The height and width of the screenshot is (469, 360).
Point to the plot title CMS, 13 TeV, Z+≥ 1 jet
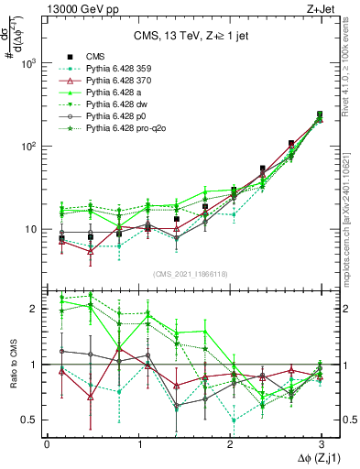(183, 37)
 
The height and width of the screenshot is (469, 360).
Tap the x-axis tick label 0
(47, 443)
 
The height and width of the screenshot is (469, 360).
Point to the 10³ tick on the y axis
(29, 63)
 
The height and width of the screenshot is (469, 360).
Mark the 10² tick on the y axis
(29, 147)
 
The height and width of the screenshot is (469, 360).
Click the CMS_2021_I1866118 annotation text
(183, 274)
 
